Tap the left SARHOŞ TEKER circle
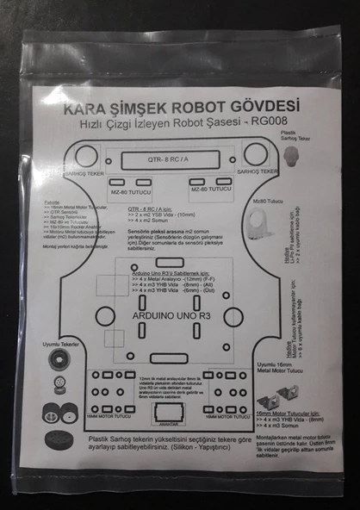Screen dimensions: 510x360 click(85, 155)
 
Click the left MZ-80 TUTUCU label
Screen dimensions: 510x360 click(128, 191)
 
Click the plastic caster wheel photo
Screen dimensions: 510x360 click(292, 157)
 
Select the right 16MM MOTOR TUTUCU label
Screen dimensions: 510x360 click(226, 414)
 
